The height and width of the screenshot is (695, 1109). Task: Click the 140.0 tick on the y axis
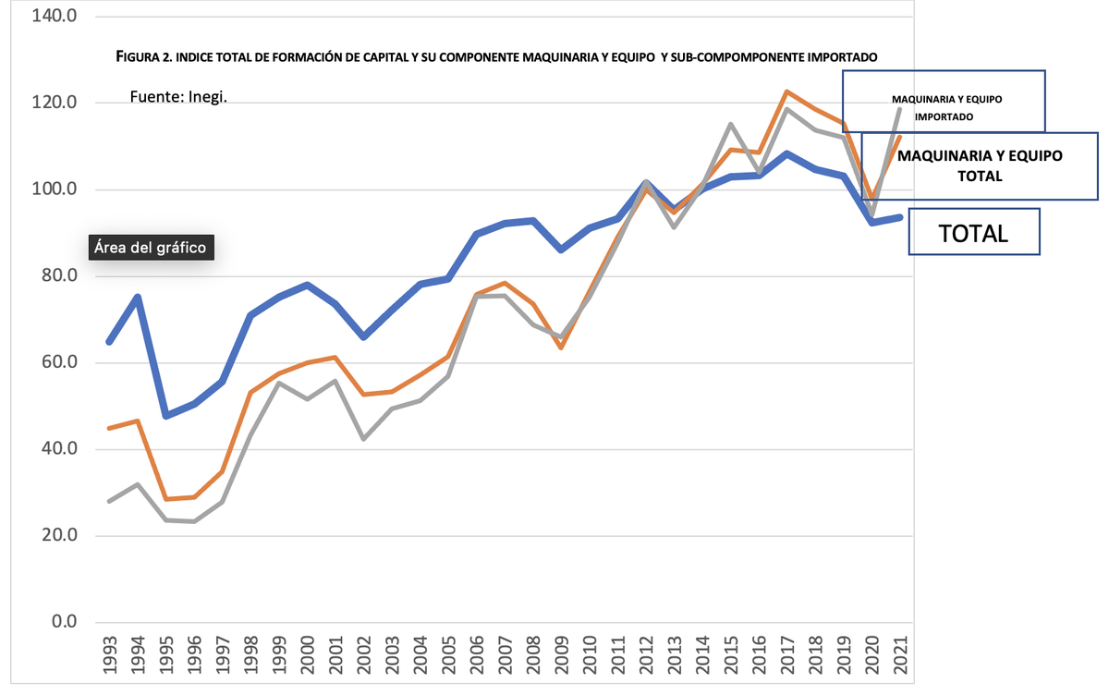click(x=54, y=17)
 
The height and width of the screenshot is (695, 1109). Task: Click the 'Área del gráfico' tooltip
click(x=152, y=248)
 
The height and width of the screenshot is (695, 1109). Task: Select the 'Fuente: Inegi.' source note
click(x=178, y=96)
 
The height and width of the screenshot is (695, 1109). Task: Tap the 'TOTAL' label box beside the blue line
click(x=973, y=233)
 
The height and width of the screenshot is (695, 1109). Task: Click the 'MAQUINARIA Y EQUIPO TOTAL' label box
click(x=980, y=165)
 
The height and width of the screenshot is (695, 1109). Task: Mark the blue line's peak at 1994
click(x=138, y=297)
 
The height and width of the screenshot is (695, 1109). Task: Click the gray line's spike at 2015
click(x=730, y=124)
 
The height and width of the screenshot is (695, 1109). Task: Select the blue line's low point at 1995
click(x=166, y=416)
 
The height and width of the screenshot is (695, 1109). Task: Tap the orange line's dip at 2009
click(x=561, y=347)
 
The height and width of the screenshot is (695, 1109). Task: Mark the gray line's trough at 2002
click(x=364, y=438)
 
